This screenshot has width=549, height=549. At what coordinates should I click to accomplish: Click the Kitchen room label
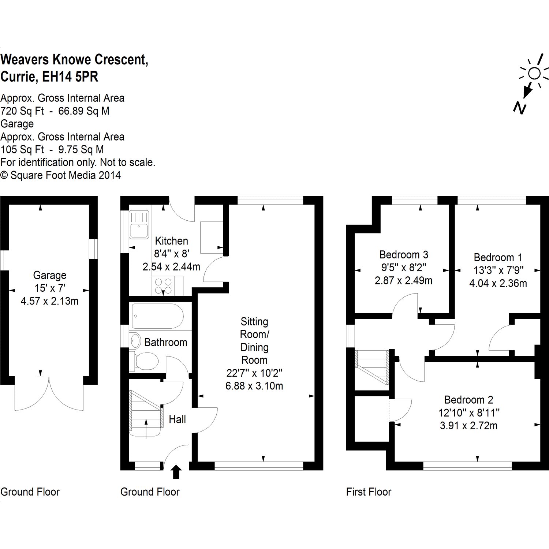171,241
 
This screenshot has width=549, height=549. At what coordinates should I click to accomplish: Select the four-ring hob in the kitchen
163,285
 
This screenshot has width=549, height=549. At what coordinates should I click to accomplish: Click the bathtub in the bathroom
157,316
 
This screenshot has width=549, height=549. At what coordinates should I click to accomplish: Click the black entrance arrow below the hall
176,471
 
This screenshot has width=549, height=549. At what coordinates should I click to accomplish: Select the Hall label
177,419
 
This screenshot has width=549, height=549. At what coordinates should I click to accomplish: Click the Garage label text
50,275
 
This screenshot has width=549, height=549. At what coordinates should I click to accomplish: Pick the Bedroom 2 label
468,400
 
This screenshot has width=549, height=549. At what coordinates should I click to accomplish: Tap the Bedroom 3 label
404,254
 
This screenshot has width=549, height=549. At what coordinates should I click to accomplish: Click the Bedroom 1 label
498,257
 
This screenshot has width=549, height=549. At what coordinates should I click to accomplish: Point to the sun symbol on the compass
534,74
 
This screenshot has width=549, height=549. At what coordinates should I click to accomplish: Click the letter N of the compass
519,108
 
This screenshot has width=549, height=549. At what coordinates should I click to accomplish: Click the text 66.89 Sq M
84,111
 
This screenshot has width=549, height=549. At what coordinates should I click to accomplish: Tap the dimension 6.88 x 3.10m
254,386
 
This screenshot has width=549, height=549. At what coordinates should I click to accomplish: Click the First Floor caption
369,492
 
